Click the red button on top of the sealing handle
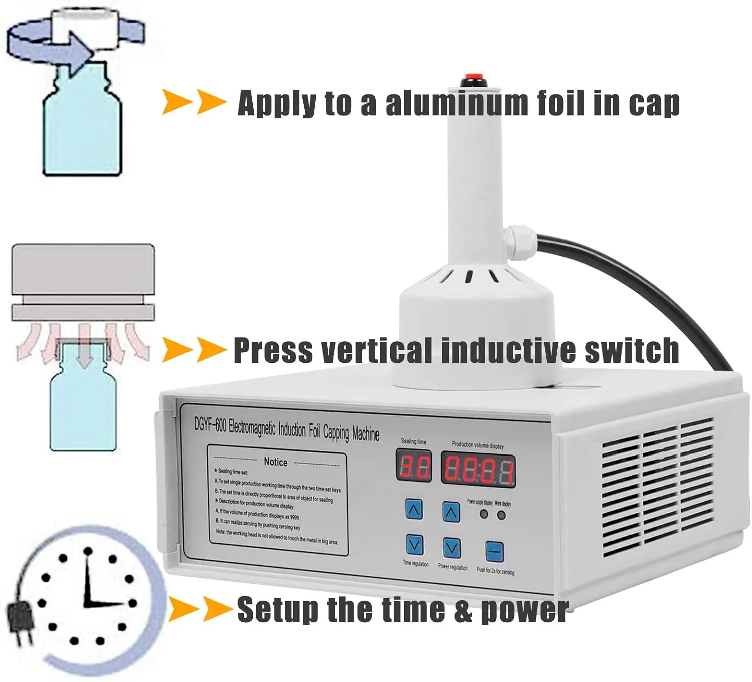tap(472, 78)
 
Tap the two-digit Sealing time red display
tap(414, 466)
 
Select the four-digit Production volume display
tap(478, 470)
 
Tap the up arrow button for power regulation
tap(451, 512)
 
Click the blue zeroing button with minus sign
tap(494, 552)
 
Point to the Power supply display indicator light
tap(484, 514)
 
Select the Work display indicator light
tap(501, 515)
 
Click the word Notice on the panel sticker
tap(275, 462)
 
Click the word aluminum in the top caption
tap(456, 104)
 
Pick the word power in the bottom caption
tap(524, 610)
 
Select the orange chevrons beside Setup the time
tap(200, 609)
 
